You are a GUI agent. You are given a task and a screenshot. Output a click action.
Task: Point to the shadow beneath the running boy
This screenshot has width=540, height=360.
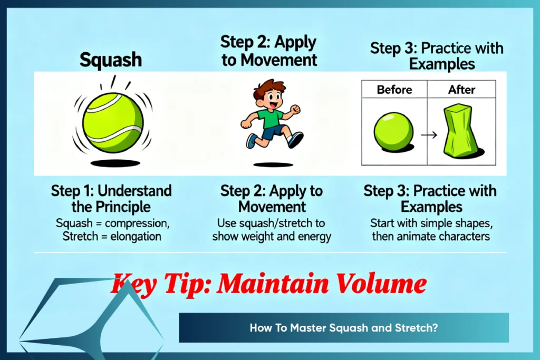pyautogui.click(x=273, y=164)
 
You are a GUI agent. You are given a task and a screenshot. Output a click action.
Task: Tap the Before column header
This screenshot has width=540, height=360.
pyautogui.click(x=394, y=90)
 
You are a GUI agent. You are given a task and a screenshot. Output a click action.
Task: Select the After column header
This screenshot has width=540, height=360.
pyautogui.click(x=461, y=90)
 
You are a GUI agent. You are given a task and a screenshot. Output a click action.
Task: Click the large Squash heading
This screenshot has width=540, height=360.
pyautogui.click(x=111, y=60)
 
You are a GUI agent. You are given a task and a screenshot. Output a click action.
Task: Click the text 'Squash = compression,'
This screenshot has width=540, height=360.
pyautogui.click(x=112, y=223)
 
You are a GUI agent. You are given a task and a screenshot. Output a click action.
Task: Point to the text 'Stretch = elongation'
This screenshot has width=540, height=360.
pyautogui.click(x=112, y=237)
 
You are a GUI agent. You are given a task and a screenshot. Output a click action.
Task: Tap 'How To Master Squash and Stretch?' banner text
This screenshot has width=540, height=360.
pyautogui.click(x=344, y=328)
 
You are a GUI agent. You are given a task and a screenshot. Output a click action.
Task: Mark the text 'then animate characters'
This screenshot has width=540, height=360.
pyautogui.click(x=431, y=237)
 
